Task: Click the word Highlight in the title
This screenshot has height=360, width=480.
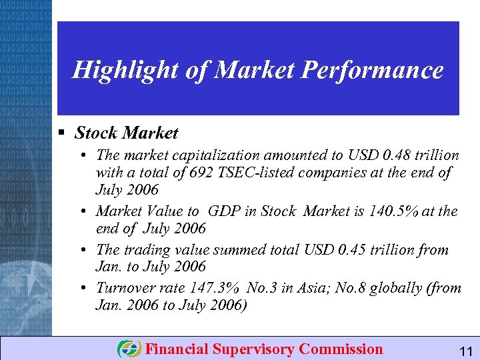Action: [x=125, y=70]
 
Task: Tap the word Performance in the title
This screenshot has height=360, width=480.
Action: [x=377, y=70]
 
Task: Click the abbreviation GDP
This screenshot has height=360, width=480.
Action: [x=223, y=211]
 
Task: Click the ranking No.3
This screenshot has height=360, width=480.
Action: [x=265, y=289]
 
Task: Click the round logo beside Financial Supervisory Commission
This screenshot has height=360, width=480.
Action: [x=129, y=349]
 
